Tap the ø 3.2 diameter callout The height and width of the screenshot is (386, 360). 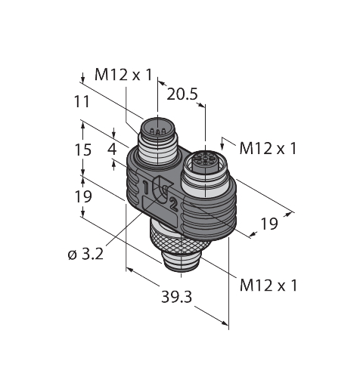85,255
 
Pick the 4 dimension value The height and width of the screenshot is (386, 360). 113,147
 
